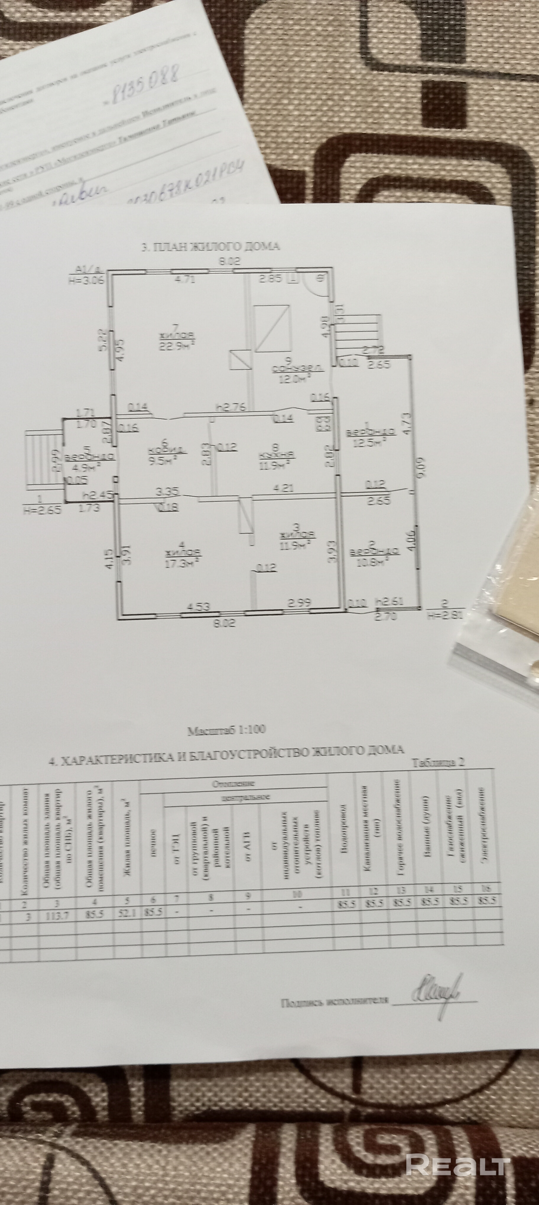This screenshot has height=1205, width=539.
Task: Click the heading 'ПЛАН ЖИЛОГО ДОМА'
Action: point(210,247)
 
